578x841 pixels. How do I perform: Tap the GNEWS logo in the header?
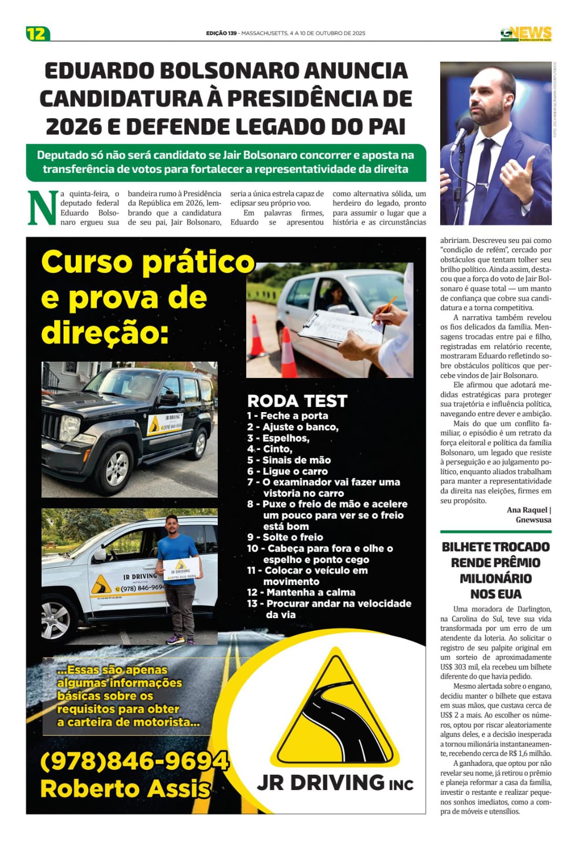click(x=525, y=34)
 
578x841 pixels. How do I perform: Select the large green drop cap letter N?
click(x=42, y=208)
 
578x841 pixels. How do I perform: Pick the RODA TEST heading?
click(x=297, y=401)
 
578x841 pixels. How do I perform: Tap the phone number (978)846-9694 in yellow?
click(x=134, y=761)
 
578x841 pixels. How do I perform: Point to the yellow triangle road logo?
click(x=335, y=710)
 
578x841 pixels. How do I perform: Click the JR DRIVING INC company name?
click(x=335, y=783)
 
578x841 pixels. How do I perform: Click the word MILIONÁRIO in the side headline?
click(x=495, y=578)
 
